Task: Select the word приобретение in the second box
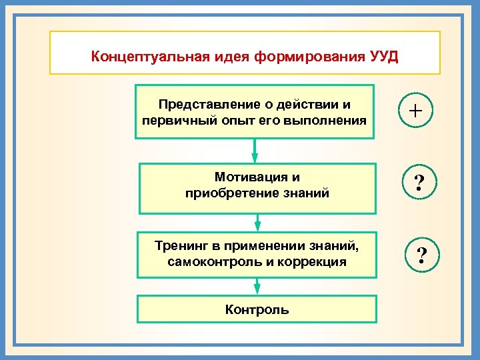point(227,193)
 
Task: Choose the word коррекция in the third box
point(313,262)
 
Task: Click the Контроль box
point(257,310)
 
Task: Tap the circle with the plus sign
point(415,110)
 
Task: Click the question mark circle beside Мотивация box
point(419,183)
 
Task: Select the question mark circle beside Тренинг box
point(421,254)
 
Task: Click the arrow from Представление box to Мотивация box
point(255,151)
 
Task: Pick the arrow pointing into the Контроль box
point(257,286)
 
